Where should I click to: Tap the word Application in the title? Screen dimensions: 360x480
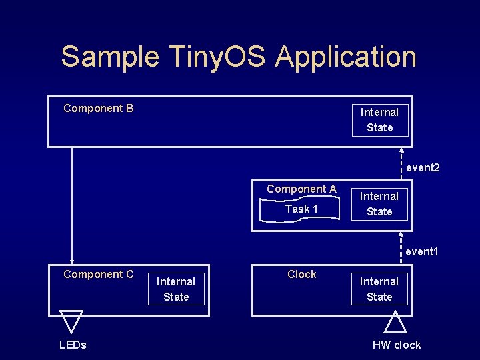345,57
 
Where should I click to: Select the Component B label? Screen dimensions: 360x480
98,108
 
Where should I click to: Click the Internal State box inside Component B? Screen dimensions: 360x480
380,120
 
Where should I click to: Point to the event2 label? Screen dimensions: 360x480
423,167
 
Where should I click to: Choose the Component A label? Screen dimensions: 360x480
301,189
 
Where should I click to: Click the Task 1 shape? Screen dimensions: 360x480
301,209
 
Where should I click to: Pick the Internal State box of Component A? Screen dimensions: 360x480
379,204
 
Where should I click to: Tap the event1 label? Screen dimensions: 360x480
423,252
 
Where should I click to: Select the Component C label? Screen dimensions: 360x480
98,274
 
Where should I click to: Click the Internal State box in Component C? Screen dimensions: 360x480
176,289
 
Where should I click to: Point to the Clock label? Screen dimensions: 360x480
301,274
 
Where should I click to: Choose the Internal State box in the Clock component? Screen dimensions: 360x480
379,289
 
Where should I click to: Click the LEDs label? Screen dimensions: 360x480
73,345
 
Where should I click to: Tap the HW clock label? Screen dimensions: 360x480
397,345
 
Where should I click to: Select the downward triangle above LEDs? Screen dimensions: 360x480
71,320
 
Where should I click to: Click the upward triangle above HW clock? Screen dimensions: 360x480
395,323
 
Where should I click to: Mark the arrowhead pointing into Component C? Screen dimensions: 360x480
72,261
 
